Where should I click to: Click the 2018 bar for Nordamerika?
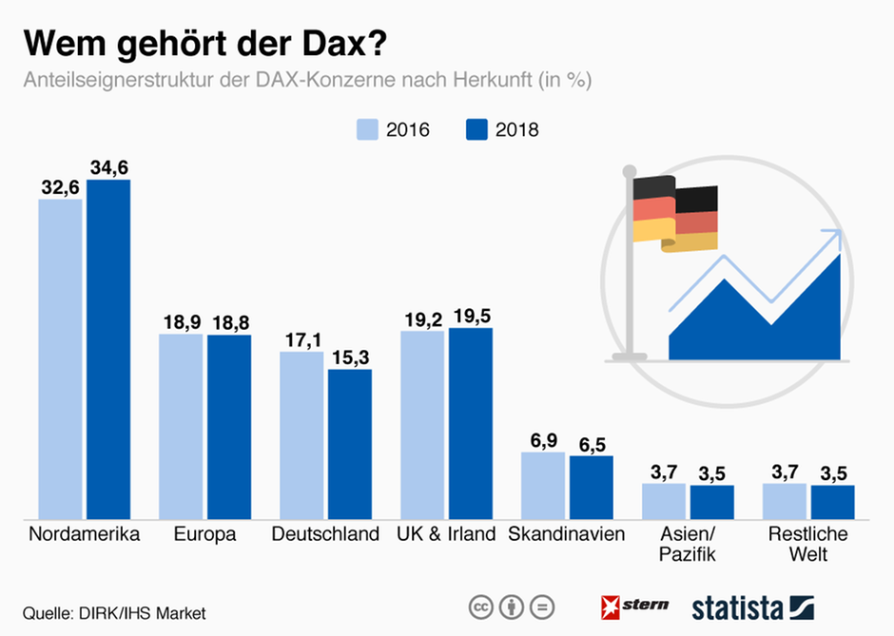(x=108, y=348)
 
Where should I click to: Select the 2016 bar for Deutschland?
(x=301, y=434)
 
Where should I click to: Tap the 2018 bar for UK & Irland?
(x=471, y=423)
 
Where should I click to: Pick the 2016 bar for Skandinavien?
(x=544, y=485)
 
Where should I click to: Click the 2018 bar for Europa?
(x=229, y=426)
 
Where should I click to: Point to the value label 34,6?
(x=108, y=167)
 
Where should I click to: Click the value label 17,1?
(x=301, y=339)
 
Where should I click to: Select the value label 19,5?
(x=471, y=316)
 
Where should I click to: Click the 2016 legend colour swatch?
(x=368, y=129)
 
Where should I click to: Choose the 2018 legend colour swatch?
(x=477, y=129)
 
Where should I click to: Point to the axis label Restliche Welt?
(x=807, y=544)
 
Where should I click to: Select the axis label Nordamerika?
(x=85, y=534)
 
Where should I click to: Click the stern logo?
(x=634, y=605)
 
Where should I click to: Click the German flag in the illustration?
(x=675, y=213)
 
